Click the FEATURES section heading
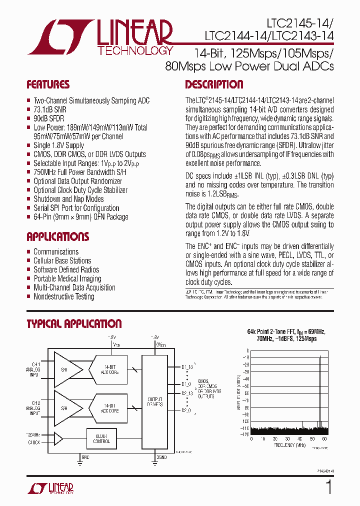[48, 84]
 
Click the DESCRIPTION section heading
[214, 84]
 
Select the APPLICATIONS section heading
[57, 236]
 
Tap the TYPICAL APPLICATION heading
[74, 324]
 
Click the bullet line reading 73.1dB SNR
[49, 109]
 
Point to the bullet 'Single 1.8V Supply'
[58, 145]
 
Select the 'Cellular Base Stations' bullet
[62, 260]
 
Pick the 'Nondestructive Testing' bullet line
[63, 296]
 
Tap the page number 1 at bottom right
[328, 486]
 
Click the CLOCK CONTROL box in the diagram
[101, 438]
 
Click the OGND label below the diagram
[161, 457]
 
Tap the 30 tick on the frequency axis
[290, 438]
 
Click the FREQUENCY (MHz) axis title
[289, 444]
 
